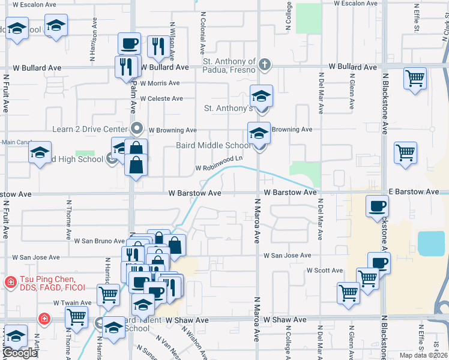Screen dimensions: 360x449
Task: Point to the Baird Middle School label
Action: [x=214, y=145]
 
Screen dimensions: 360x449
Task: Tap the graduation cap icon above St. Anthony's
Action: [x=261, y=96]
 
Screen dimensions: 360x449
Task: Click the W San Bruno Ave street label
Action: [x=100, y=241]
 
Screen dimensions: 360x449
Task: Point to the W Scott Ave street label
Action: [x=325, y=271]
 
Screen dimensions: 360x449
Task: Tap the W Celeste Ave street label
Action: [x=161, y=98]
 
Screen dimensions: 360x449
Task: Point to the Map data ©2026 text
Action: [x=424, y=355]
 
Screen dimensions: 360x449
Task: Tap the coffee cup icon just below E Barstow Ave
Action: [x=378, y=206]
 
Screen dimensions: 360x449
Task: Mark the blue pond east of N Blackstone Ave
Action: [x=431, y=243]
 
